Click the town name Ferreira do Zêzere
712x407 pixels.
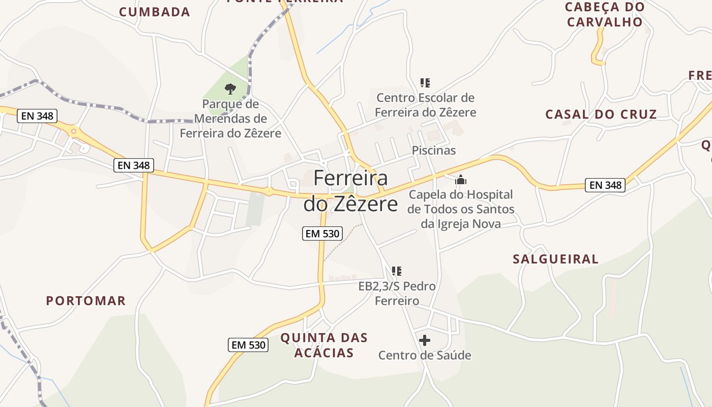(350, 191)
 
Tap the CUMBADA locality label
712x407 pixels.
(155, 12)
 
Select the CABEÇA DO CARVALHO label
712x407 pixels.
(605, 15)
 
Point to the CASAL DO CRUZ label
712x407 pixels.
(601, 114)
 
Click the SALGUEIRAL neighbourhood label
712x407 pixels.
(555, 259)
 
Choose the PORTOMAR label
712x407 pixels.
(86, 301)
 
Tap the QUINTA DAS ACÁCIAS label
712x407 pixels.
(324, 345)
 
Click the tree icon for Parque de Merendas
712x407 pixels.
(230, 89)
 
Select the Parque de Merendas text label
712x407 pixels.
(230, 119)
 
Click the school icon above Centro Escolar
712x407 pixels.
(425, 82)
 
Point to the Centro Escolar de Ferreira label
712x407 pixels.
(426, 105)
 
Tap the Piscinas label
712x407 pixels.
(434, 151)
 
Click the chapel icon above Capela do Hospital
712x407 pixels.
(461, 180)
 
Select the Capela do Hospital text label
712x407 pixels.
(461, 209)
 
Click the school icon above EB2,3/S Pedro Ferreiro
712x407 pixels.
(397, 271)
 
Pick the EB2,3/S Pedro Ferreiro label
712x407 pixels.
(397, 294)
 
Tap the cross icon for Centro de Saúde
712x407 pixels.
(425, 340)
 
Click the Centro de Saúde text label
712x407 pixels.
(425, 355)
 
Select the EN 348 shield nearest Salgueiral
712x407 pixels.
(605, 185)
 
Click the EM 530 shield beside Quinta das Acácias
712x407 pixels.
(248, 345)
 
